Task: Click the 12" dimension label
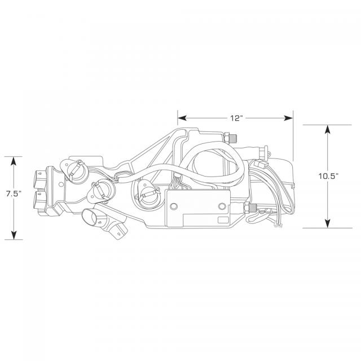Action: pyautogui.click(x=236, y=118)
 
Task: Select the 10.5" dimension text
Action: pyautogui.click(x=328, y=177)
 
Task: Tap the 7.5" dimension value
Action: pyautogui.click(x=14, y=193)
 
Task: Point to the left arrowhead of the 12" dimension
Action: pyautogui.click(x=182, y=118)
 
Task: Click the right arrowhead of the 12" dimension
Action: pyautogui.click(x=289, y=118)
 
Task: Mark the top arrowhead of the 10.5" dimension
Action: pyautogui.click(x=327, y=129)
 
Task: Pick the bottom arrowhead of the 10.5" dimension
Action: pyautogui.click(x=327, y=224)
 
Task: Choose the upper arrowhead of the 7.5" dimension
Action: pyautogui.click(x=14, y=161)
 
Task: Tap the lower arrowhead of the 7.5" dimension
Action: pyautogui.click(x=14, y=235)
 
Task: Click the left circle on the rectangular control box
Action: pyautogui.click(x=174, y=206)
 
